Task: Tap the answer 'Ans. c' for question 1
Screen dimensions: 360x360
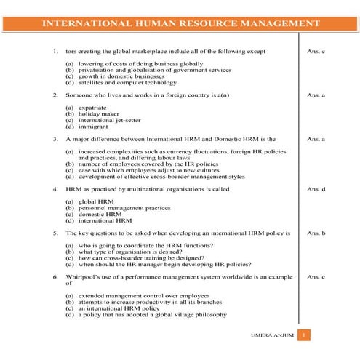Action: click(x=316, y=52)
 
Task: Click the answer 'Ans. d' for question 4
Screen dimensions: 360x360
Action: click(x=316, y=188)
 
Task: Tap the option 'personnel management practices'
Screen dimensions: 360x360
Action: click(x=119, y=208)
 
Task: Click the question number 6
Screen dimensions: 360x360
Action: click(x=55, y=277)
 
